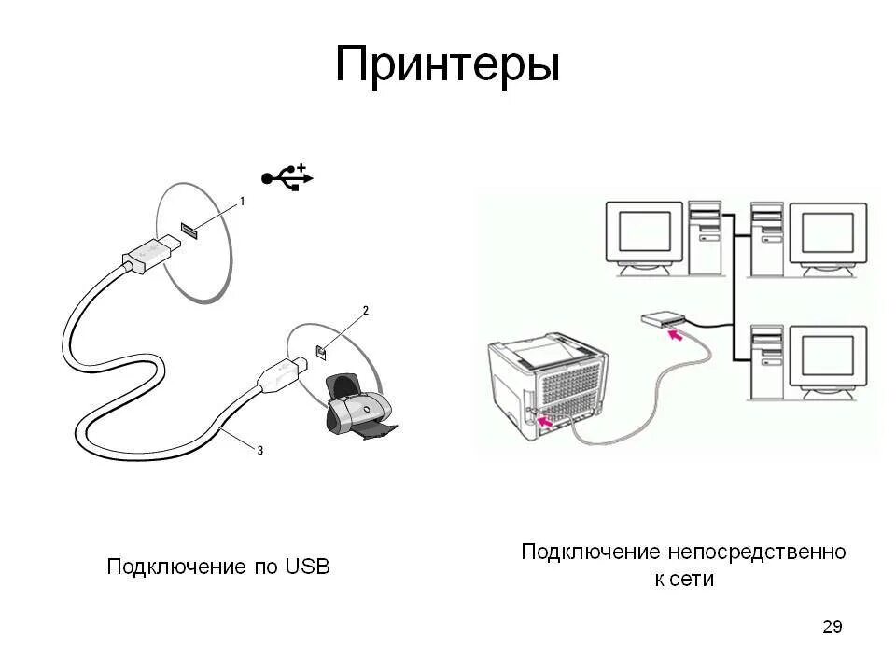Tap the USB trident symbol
click(287, 176)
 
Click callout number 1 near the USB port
click(243, 201)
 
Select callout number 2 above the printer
click(366, 310)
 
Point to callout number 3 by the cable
click(260, 450)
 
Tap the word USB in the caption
click(308, 567)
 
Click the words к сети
click(683, 579)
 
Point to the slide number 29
click(832, 626)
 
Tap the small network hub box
click(663, 320)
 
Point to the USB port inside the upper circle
click(187, 230)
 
